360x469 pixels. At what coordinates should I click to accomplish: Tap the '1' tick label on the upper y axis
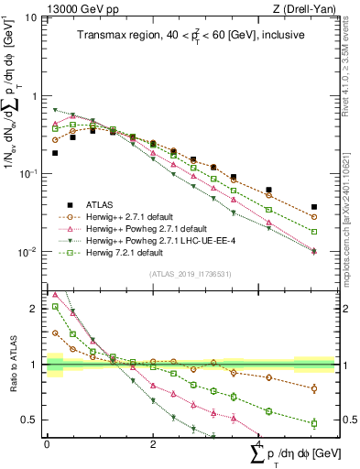34,96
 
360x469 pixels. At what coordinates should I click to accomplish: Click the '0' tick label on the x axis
47,444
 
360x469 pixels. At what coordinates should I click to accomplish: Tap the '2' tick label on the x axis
152,444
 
